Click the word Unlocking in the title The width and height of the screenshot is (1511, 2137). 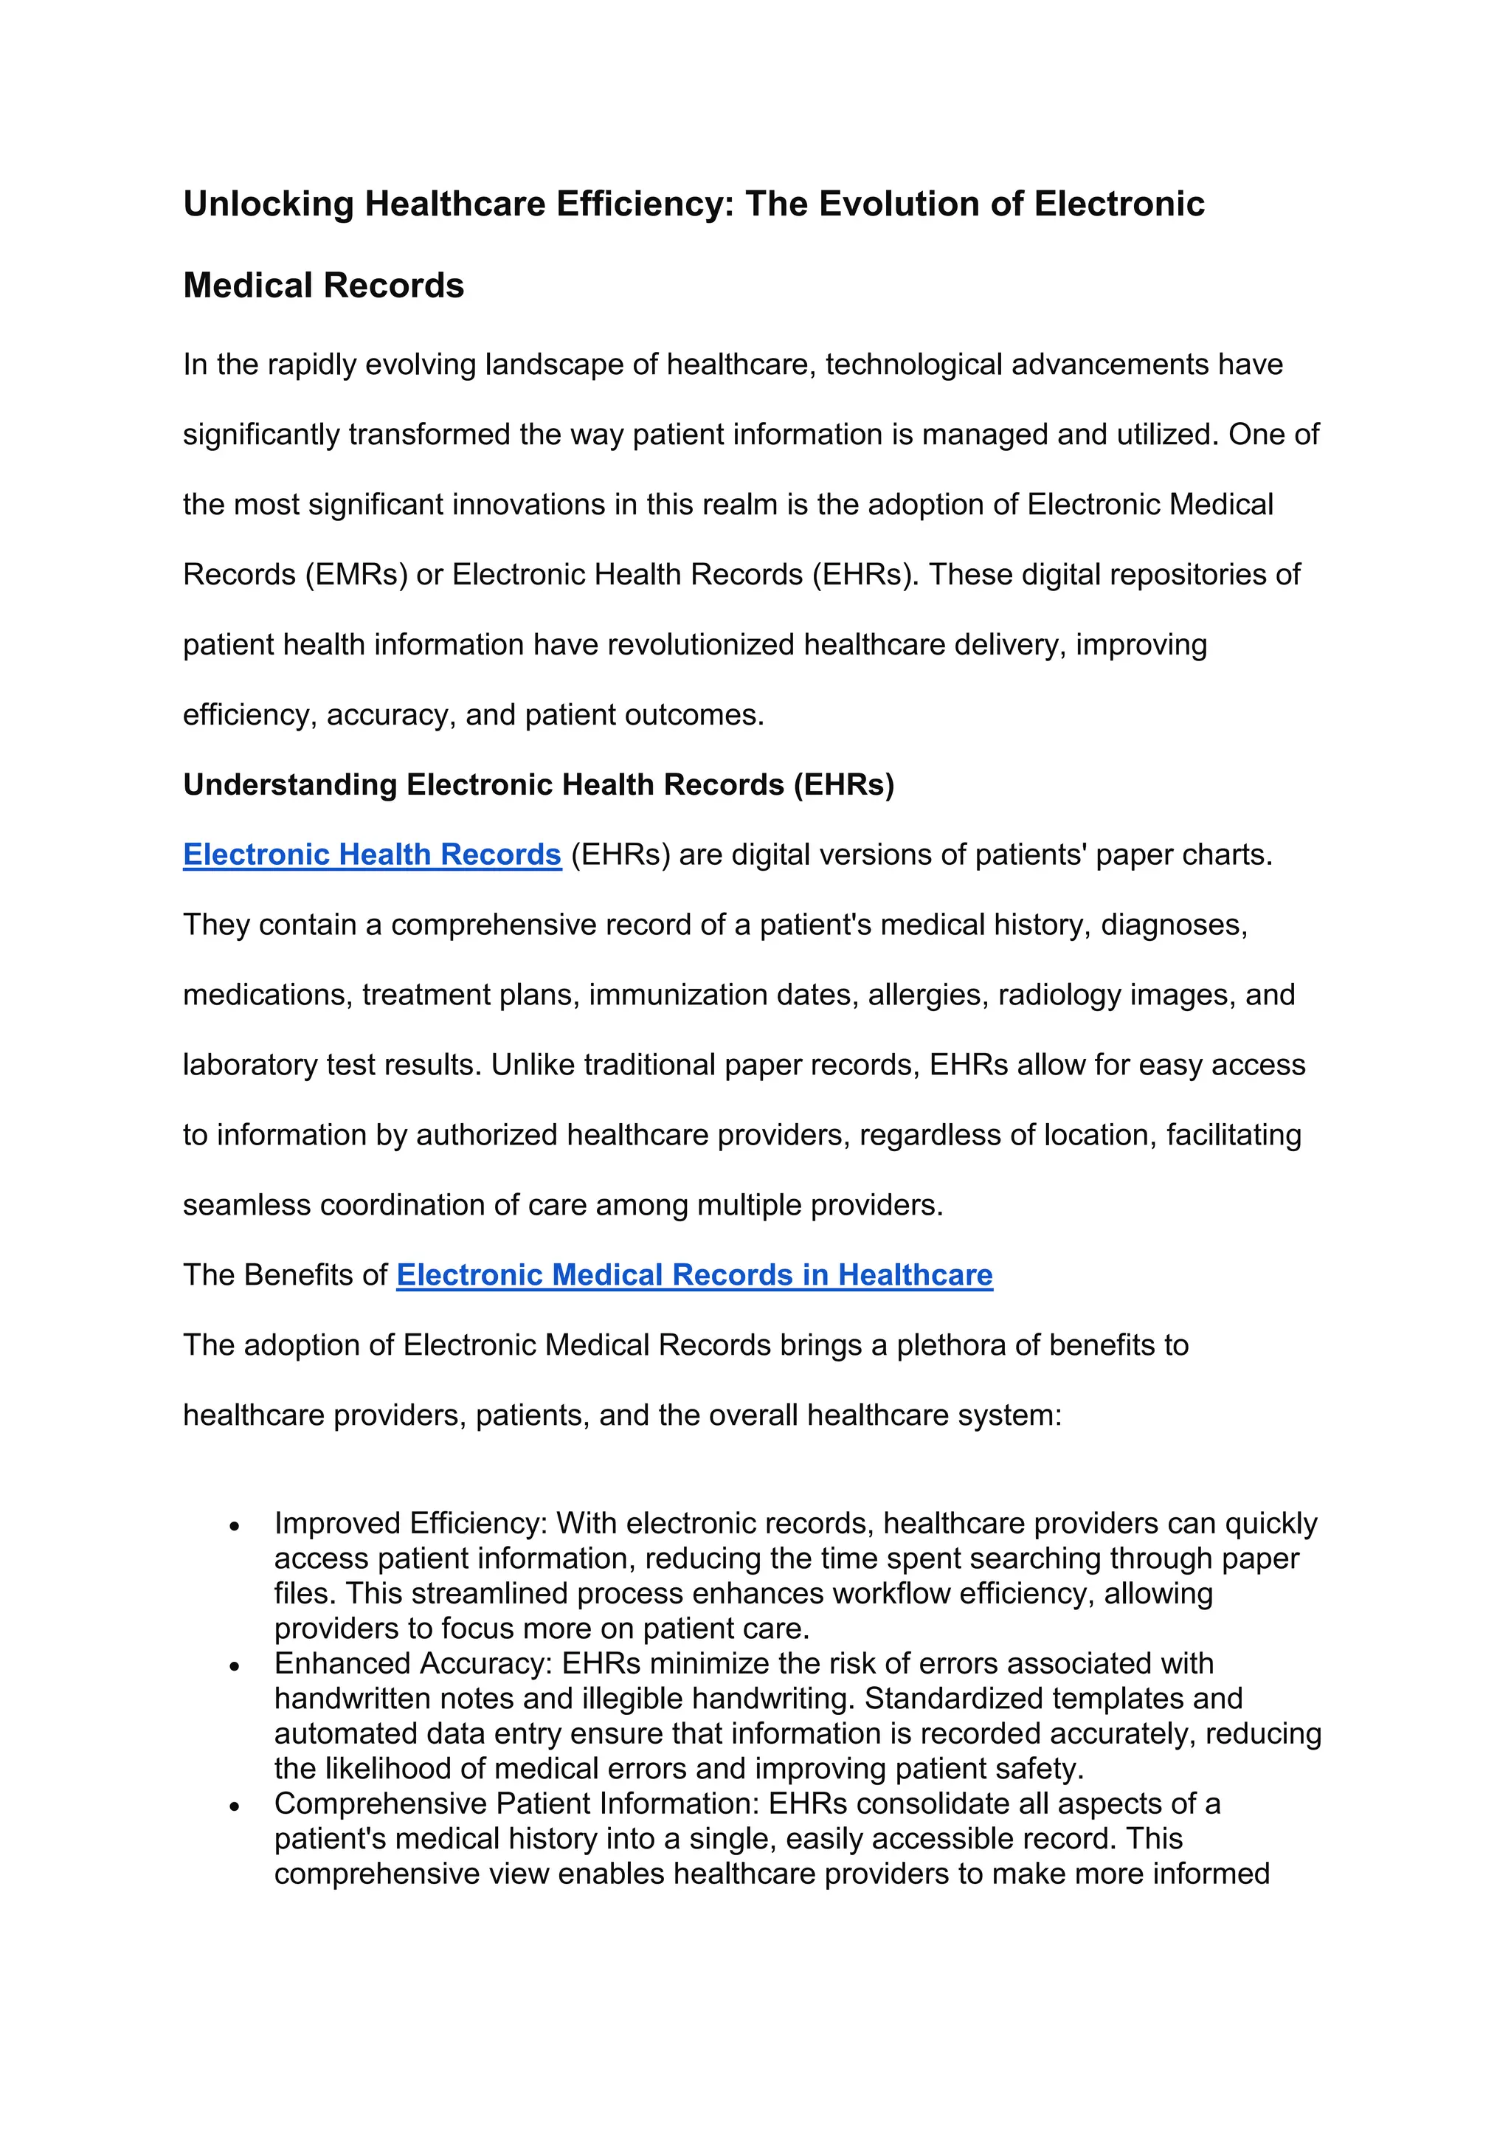click(x=268, y=204)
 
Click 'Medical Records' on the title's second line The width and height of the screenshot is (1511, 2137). click(x=323, y=285)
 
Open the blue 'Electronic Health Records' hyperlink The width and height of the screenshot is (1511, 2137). click(x=372, y=855)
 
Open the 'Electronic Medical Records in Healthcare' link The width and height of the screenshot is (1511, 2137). click(x=694, y=1274)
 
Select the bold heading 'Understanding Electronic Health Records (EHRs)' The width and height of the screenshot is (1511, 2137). click(x=538, y=784)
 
